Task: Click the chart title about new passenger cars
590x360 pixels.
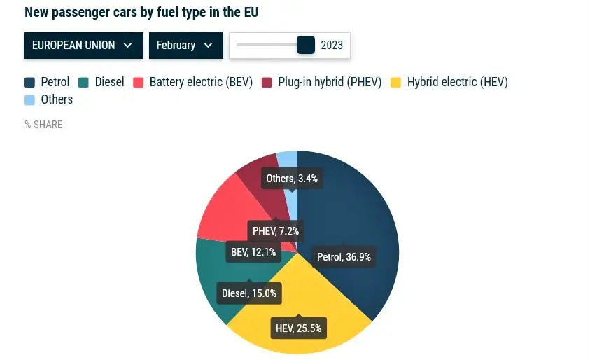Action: (x=146, y=13)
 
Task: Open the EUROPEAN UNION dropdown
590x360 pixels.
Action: (x=83, y=46)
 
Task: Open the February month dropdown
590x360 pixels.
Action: (x=185, y=46)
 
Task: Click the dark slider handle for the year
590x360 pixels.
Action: (x=306, y=45)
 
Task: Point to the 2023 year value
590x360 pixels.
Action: (x=332, y=46)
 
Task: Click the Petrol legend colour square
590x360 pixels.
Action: (x=30, y=83)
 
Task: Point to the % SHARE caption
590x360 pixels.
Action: (x=43, y=125)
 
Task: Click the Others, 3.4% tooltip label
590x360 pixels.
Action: (x=292, y=179)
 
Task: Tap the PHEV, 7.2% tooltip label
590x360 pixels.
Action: (x=276, y=231)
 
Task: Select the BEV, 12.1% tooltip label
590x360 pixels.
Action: (x=253, y=251)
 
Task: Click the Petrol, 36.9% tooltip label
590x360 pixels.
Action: (x=344, y=257)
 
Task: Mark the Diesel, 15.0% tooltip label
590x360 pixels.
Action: (x=249, y=293)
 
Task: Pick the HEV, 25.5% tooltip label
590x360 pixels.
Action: (x=298, y=328)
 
